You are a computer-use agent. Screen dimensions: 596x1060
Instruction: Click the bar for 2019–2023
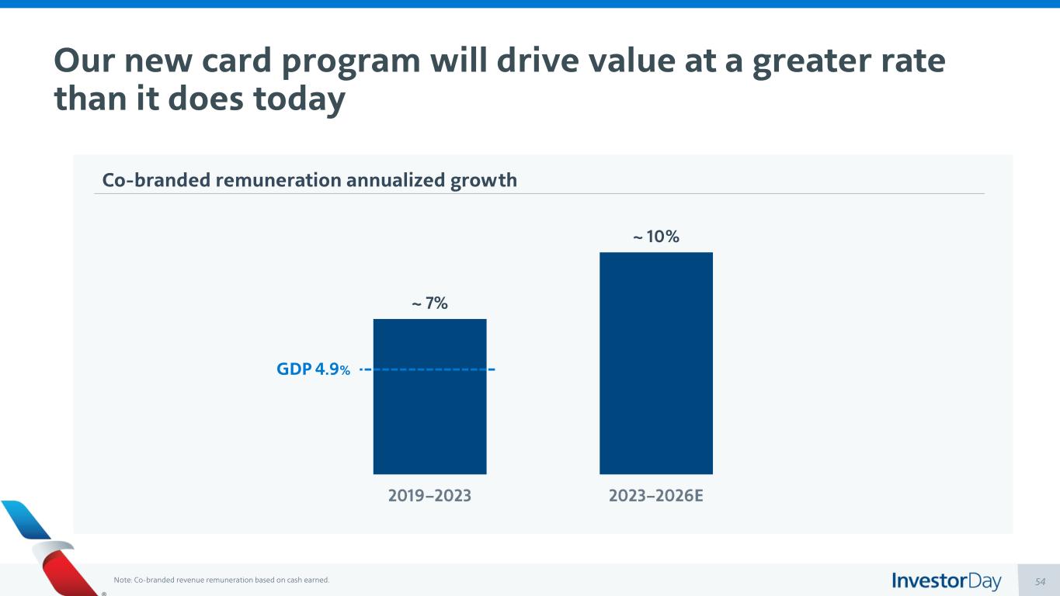tap(429, 419)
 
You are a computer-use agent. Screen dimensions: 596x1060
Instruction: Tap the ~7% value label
tap(429, 303)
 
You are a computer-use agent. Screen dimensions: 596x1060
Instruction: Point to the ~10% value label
tap(656, 237)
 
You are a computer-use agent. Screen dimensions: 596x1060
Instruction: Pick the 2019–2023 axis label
tap(429, 495)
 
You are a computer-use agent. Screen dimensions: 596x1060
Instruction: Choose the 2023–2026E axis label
tap(656, 495)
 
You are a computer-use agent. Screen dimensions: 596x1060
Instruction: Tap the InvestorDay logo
tap(946, 580)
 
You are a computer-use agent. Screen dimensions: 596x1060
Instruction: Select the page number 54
tap(1041, 581)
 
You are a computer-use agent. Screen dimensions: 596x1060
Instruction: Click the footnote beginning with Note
tap(221, 580)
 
